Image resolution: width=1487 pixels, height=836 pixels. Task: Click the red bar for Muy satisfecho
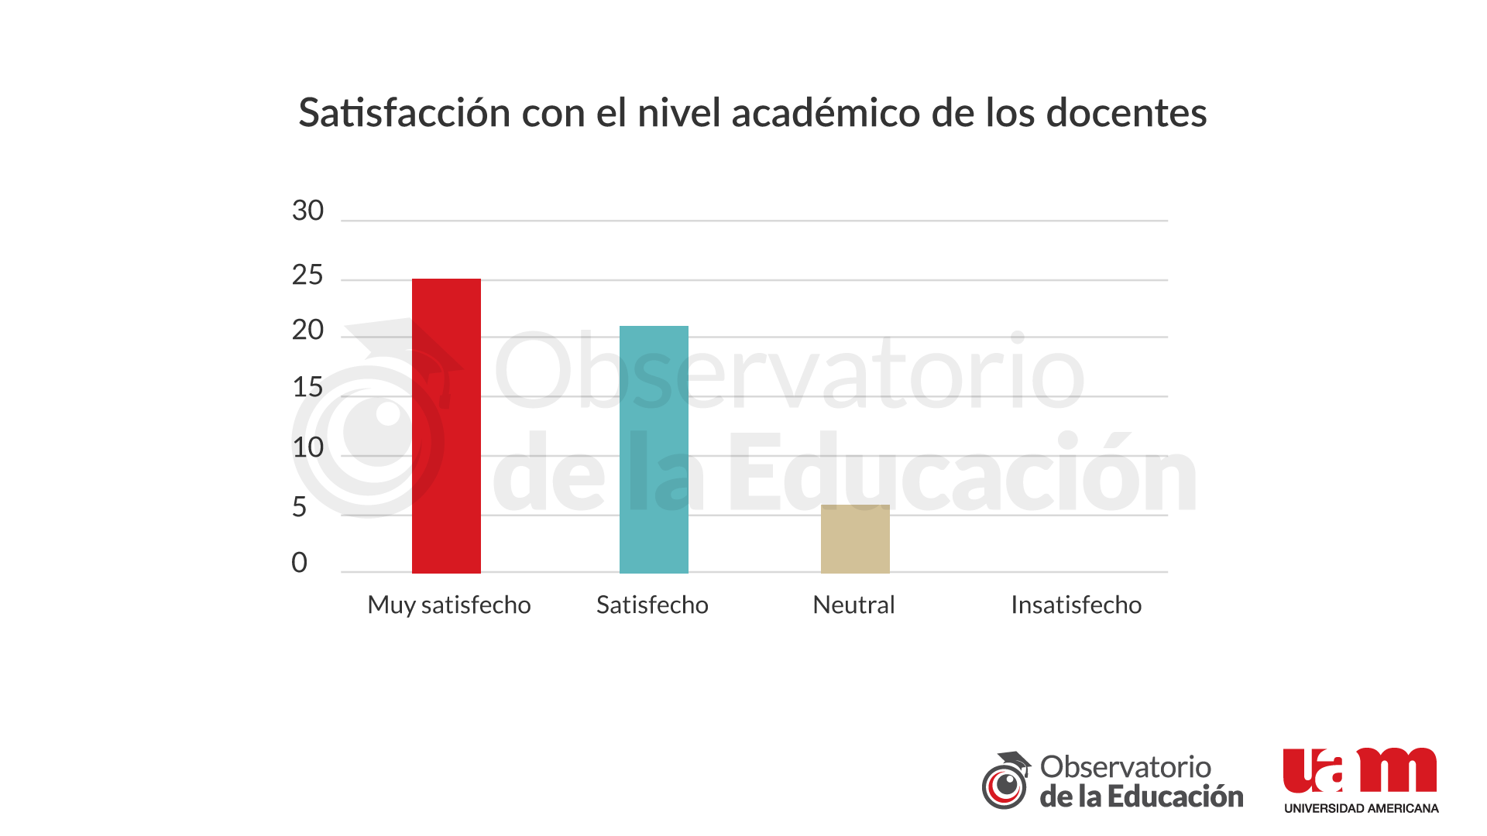click(446, 426)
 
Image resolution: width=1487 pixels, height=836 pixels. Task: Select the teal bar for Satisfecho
click(654, 449)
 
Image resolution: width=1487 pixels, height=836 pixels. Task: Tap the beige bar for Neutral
click(855, 539)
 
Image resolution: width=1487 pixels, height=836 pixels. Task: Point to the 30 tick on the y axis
click(307, 211)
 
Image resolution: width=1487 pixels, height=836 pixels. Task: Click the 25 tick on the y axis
click(307, 275)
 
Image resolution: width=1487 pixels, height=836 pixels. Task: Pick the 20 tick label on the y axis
click(307, 331)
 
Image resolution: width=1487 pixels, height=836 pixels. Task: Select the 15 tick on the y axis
click(307, 387)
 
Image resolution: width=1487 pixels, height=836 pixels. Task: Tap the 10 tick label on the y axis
click(307, 447)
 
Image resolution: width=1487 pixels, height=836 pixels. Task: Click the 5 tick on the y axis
click(300, 507)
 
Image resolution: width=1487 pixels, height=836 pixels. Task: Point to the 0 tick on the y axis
click(300, 563)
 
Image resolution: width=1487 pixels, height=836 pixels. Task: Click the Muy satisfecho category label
click(449, 605)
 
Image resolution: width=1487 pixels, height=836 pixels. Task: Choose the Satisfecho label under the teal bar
click(652, 605)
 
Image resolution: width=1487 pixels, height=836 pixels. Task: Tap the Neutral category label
click(853, 605)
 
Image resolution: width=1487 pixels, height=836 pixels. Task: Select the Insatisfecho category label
click(1076, 605)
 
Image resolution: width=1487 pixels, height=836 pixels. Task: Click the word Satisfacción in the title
click(404, 113)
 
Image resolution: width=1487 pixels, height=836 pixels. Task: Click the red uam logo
click(1360, 771)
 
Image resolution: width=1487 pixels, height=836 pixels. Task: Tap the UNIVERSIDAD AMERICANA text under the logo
click(1361, 808)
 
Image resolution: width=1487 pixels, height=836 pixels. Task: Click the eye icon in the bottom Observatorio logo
click(1005, 784)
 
